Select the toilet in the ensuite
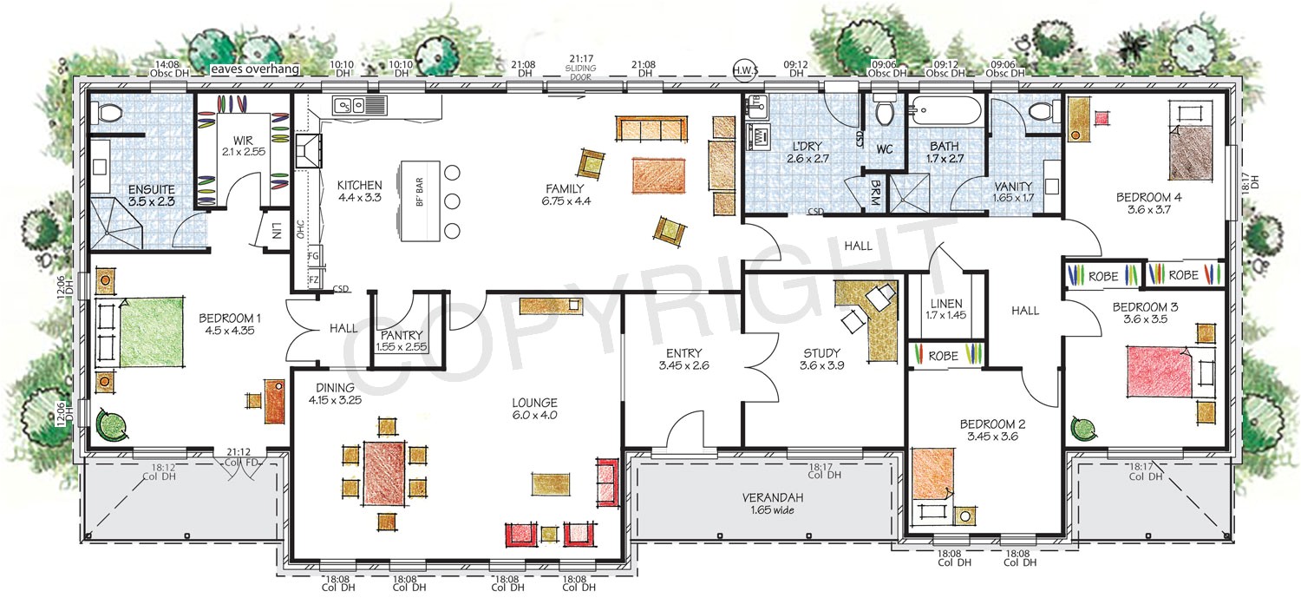pyautogui.click(x=109, y=114)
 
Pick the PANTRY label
pyautogui.click(x=401, y=336)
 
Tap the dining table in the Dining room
pyautogui.click(x=382, y=473)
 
